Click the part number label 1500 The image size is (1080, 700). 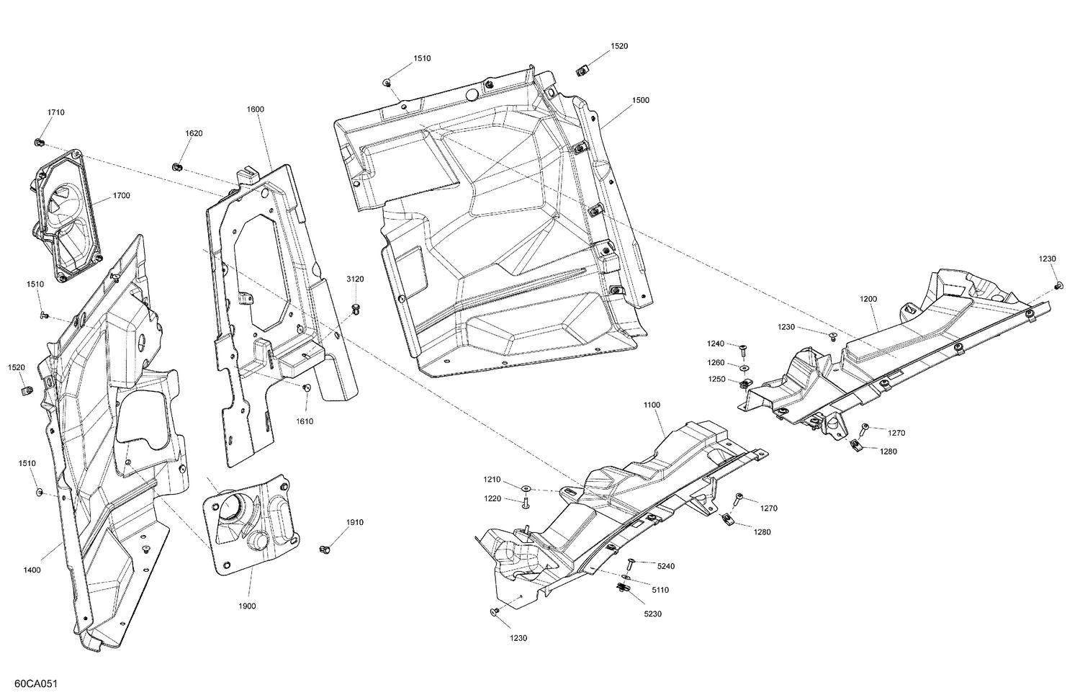pyautogui.click(x=640, y=100)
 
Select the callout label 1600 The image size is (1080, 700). pyautogui.click(x=255, y=109)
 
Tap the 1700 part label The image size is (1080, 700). pyautogui.click(x=121, y=196)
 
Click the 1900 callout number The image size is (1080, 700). pyautogui.click(x=247, y=606)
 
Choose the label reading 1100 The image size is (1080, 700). pyautogui.click(x=651, y=405)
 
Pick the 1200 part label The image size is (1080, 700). pyautogui.click(x=868, y=298)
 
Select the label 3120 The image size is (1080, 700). pyautogui.click(x=355, y=279)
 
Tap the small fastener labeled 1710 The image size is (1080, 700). pyautogui.click(x=40, y=140)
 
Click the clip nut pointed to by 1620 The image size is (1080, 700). pyautogui.click(x=177, y=167)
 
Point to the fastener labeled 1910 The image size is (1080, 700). pyautogui.click(x=325, y=550)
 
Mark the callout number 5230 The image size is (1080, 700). pyautogui.click(x=653, y=614)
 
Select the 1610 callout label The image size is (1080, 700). pyautogui.click(x=305, y=421)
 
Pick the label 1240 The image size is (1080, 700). pyautogui.click(x=716, y=344)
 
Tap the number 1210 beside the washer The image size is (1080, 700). pyautogui.click(x=492, y=480)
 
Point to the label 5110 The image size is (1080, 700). pyautogui.click(x=660, y=590)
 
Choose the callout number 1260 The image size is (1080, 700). pyautogui.click(x=716, y=362)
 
